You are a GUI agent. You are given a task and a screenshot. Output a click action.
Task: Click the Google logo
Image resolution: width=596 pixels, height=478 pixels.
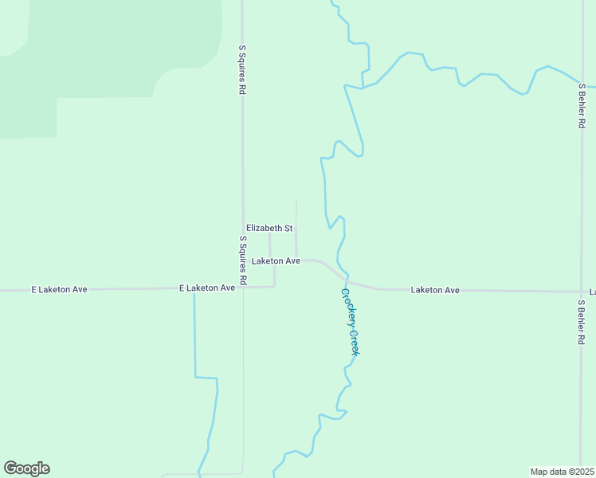tap(26, 468)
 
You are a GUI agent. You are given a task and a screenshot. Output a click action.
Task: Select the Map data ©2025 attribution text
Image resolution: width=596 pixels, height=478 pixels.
tap(562, 472)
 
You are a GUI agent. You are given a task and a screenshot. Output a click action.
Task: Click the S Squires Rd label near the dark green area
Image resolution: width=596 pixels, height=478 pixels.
tap(241, 70)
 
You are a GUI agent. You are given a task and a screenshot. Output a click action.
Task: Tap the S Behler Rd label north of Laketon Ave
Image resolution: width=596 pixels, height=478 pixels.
tap(582, 106)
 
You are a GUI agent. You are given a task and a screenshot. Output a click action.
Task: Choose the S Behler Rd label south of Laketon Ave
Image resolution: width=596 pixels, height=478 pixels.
tap(582, 321)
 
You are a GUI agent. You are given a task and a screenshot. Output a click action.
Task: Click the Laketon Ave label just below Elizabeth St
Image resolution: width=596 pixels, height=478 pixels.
tap(276, 261)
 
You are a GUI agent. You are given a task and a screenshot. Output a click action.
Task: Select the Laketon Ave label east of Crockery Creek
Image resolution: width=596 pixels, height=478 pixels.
tap(435, 290)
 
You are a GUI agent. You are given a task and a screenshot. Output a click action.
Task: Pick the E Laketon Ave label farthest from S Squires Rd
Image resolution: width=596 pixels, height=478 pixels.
tap(59, 289)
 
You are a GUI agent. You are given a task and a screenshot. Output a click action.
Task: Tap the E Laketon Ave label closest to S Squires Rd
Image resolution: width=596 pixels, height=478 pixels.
tap(207, 287)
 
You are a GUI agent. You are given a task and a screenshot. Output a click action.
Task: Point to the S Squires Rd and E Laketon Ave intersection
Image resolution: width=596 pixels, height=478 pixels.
tap(243, 288)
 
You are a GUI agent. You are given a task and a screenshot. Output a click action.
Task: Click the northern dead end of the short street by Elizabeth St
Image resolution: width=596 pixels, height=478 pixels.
tap(296, 200)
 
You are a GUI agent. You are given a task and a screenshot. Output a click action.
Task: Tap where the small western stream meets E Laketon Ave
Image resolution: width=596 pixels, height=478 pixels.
tap(194, 288)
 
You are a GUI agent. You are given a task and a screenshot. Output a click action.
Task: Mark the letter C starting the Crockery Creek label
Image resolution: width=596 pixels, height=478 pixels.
tap(345, 292)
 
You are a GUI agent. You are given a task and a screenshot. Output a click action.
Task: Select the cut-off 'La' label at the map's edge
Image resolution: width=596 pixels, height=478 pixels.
tap(592, 292)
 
